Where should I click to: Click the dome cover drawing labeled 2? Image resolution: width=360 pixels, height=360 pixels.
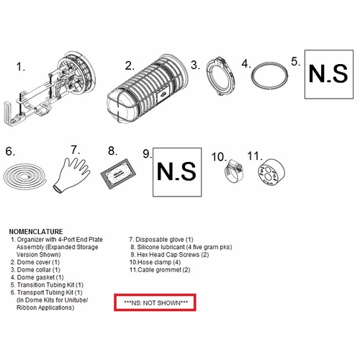[x=147, y=89]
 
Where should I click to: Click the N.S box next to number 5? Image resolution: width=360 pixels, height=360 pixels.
[x=329, y=74]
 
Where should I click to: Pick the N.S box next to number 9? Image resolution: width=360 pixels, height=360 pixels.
[x=177, y=172]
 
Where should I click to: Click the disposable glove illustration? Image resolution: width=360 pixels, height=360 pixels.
[x=71, y=174]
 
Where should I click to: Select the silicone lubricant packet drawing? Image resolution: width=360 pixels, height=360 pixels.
[x=118, y=174]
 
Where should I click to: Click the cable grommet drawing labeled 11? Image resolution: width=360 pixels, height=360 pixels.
[x=271, y=172]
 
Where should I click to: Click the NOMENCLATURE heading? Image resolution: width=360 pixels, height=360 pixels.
[x=36, y=232]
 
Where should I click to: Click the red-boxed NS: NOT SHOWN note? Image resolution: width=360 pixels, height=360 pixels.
[x=155, y=302]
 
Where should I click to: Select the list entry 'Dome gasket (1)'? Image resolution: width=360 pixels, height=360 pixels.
[x=37, y=277]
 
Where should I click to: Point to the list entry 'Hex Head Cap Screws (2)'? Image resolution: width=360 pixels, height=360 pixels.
[x=170, y=255]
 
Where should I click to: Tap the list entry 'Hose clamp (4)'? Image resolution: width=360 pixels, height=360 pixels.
[x=155, y=262]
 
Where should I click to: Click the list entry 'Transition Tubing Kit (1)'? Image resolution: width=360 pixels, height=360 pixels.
[x=47, y=285]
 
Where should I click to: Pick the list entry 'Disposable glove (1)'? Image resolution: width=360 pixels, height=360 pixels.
[x=161, y=240]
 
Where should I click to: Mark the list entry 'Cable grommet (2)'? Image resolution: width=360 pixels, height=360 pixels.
[x=160, y=270]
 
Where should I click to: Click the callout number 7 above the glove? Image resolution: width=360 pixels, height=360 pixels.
[x=75, y=150]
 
